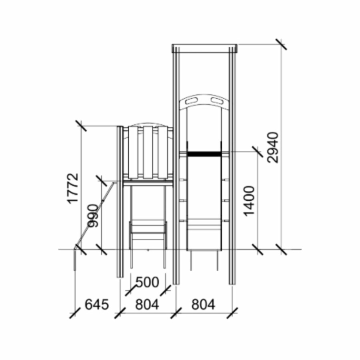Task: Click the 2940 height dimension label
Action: point(273,147)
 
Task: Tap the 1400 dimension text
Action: point(249,201)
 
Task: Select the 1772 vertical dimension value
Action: point(73,188)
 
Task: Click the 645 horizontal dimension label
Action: point(97,305)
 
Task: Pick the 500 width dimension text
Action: point(147,282)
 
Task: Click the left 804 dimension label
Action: point(147,305)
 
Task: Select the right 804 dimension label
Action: point(203,305)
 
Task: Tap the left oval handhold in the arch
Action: point(192,100)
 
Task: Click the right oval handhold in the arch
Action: point(217,100)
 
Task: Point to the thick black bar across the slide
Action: point(204,154)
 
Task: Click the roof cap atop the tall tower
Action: point(204,48)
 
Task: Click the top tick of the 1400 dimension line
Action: point(258,152)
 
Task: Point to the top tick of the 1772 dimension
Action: point(81,126)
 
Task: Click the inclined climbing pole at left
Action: point(94,214)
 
